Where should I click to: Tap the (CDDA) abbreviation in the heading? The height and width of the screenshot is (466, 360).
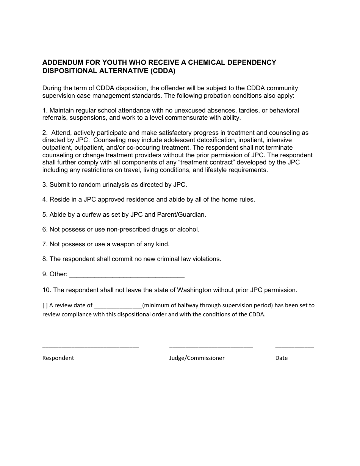point(163,70)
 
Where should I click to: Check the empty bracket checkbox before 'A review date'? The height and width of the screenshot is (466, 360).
point(45,305)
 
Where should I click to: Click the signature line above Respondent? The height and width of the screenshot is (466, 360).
point(91,346)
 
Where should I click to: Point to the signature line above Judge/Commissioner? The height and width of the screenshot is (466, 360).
point(211,346)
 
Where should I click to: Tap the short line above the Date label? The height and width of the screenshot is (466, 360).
point(294,346)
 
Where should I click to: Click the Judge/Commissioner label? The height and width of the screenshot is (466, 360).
point(197,358)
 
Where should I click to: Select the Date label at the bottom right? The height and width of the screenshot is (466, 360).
point(282,358)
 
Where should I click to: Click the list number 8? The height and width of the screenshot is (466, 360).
point(45,259)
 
